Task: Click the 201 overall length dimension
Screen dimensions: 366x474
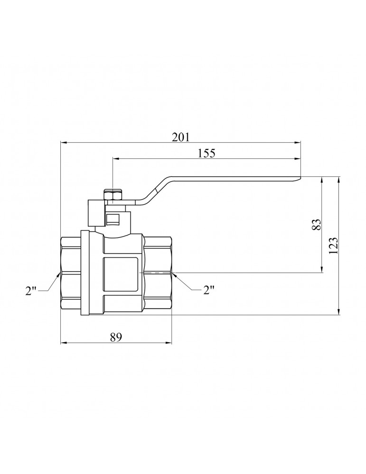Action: [x=181, y=137]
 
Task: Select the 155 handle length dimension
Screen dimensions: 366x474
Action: [x=206, y=153]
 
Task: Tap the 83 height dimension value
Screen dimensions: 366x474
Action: [x=316, y=224]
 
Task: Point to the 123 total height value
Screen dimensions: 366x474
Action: [x=333, y=246]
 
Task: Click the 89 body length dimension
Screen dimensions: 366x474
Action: [x=116, y=337]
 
